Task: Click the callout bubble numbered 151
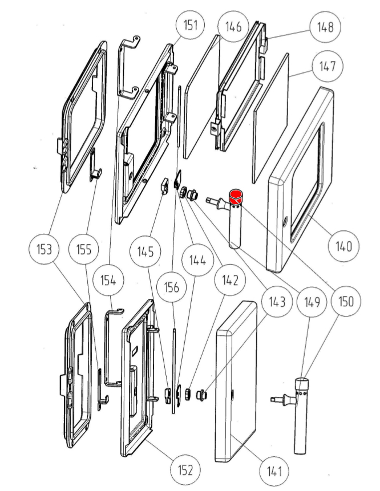point(191,26)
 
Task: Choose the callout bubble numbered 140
point(344,246)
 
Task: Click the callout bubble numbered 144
point(197,261)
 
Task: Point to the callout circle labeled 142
point(231,279)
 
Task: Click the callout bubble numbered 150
point(345,301)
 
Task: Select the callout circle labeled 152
point(185,470)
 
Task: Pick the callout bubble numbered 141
point(275,470)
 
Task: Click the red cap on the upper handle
point(236,197)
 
